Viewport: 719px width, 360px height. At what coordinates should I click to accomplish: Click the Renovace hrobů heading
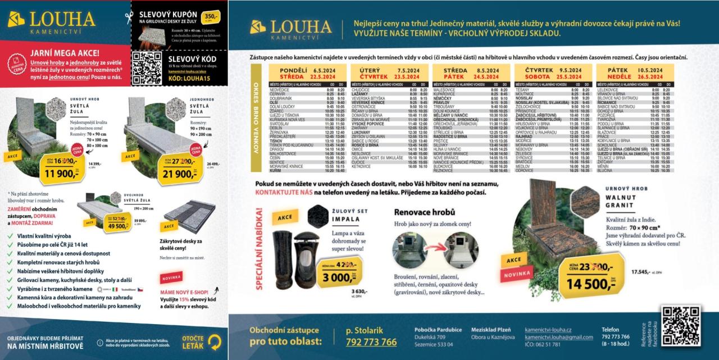(x=424, y=212)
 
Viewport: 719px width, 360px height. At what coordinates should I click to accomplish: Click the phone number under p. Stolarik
(x=371, y=342)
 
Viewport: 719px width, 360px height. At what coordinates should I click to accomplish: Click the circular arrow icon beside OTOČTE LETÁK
(x=215, y=340)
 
